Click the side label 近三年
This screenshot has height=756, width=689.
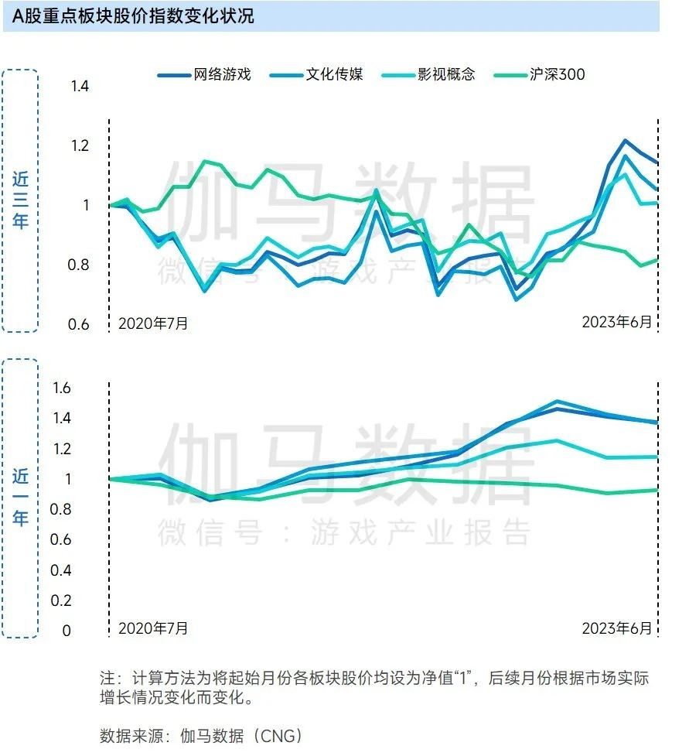(x=20, y=200)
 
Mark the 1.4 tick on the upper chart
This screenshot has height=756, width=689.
(x=80, y=87)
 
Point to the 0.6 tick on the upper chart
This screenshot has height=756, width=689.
(x=80, y=325)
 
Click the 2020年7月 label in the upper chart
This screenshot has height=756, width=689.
(x=153, y=323)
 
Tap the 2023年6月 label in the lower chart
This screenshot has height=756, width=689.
(x=616, y=628)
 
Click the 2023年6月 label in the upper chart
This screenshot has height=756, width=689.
(x=616, y=322)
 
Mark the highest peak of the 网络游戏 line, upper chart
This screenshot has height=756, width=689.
(x=625, y=141)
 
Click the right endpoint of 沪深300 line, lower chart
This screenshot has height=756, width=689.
(x=657, y=490)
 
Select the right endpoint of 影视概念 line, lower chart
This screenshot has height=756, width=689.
(x=657, y=457)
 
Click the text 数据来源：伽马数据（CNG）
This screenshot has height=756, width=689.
(x=201, y=735)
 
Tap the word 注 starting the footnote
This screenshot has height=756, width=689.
(x=107, y=679)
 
